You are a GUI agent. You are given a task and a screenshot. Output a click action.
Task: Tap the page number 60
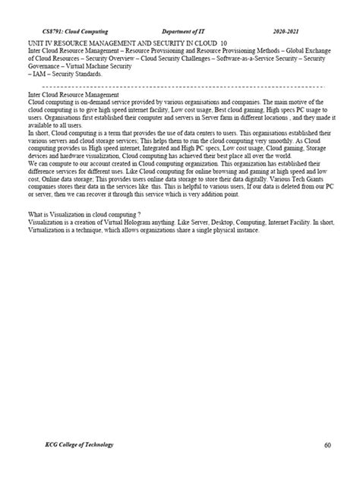tap(327, 445)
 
